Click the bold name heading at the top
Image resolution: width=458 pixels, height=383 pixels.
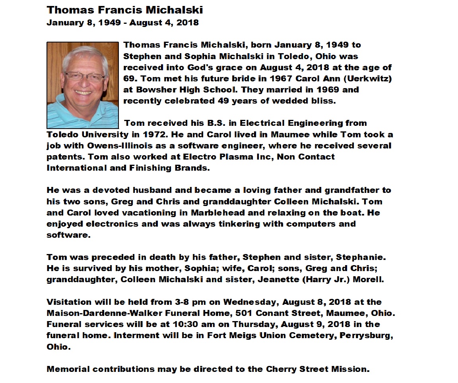[125, 10]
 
